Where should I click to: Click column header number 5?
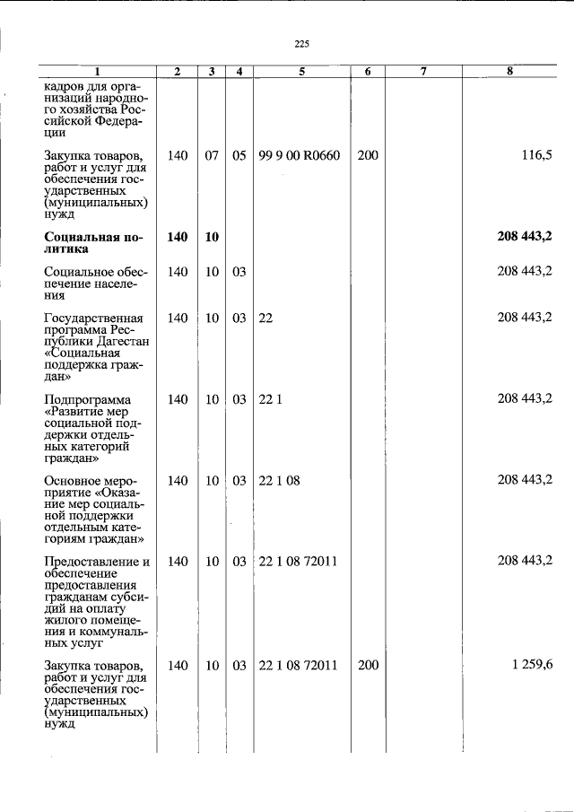click(x=302, y=71)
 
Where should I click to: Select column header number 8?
click(x=509, y=71)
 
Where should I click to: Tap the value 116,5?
click(x=535, y=155)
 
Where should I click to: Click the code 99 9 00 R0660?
click(x=299, y=155)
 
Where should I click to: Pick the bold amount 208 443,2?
click(x=524, y=237)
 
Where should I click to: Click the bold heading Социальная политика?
click(x=93, y=243)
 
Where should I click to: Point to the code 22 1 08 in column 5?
click(x=279, y=480)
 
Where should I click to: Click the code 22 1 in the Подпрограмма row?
click(x=270, y=398)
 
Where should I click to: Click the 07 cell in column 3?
click(x=212, y=155)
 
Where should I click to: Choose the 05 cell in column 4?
click(x=239, y=155)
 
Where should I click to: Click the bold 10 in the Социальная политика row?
click(x=212, y=237)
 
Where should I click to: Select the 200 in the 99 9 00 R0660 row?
click(x=367, y=155)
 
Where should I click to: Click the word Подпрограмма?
click(x=87, y=399)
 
